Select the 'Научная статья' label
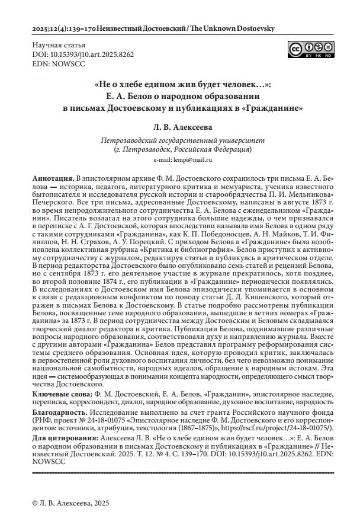click(56, 45)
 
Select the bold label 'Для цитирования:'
click(64, 436)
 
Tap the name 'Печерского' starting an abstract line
click(53, 201)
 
